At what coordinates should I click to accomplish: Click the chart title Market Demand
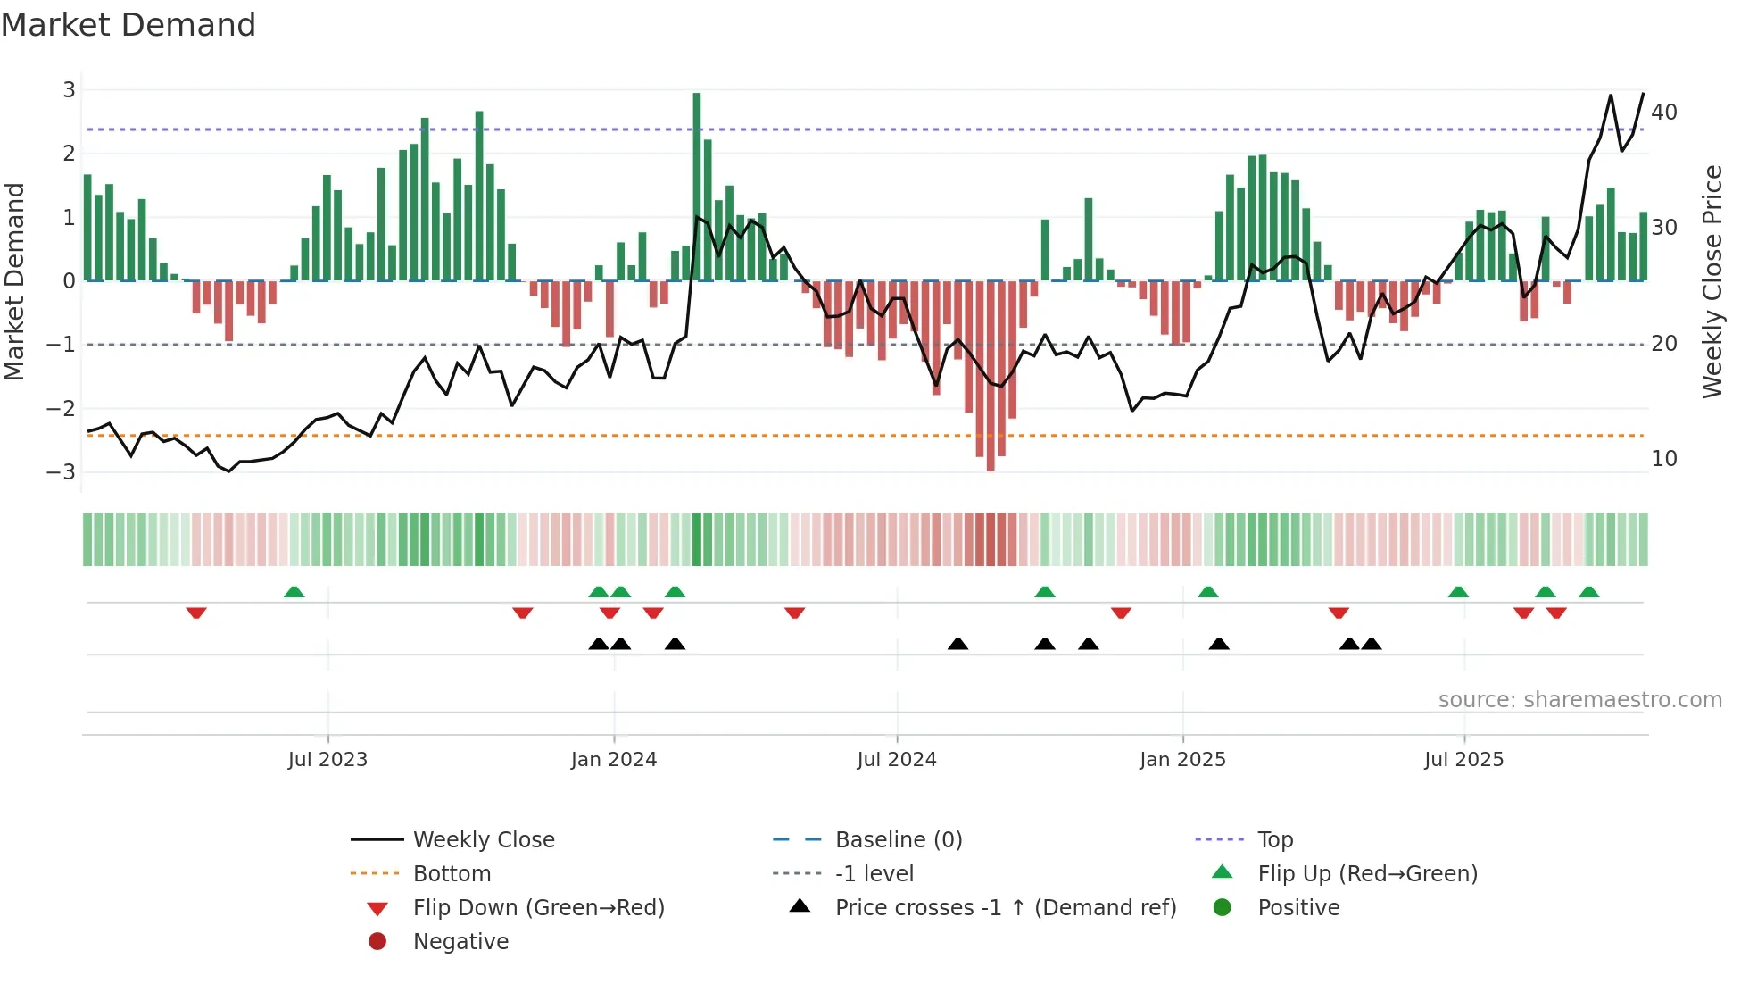click(x=128, y=25)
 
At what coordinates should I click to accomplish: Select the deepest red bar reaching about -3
click(x=991, y=375)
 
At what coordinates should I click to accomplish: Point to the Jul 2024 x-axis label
click(x=897, y=760)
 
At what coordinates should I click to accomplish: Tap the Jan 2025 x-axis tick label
click(x=1182, y=760)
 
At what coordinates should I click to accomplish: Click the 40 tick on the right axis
click(x=1663, y=113)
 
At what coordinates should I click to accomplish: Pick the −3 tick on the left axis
click(x=62, y=471)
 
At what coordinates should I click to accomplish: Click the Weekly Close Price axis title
click(x=1712, y=281)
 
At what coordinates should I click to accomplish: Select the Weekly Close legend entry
click(x=483, y=840)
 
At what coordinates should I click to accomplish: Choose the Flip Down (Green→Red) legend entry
click(x=538, y=908)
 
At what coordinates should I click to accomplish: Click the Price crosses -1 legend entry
click(x=1005, y=908)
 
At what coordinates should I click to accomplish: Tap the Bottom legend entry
click(x=452, y=874)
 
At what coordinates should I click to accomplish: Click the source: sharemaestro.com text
click(x=1579, y=700)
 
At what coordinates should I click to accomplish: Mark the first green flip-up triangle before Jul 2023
click(x=294, y=592)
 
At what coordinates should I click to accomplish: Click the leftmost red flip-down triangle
click(x=196, y=613)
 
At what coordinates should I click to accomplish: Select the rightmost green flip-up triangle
click(x=1588, y=592)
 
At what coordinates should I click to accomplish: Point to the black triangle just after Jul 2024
click(x=957, y=644)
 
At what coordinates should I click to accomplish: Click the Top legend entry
click(x=1274, y=840)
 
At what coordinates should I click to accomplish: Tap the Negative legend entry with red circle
click(x=460, y=942)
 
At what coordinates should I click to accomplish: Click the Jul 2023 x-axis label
click(x=327, y=760)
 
